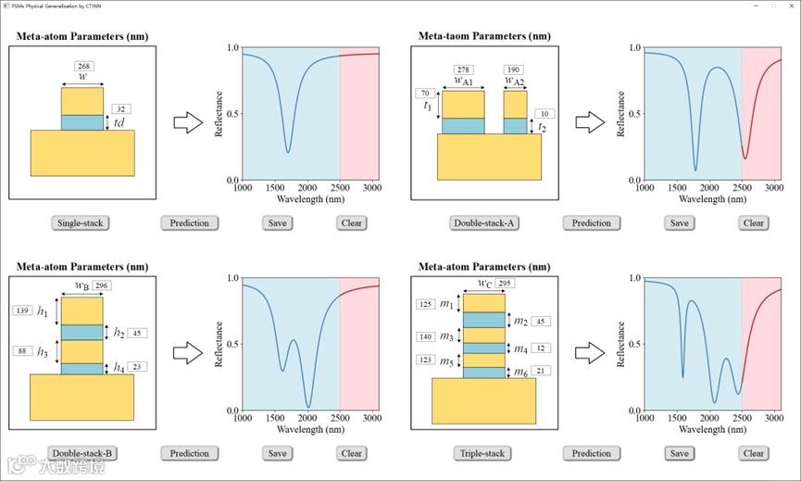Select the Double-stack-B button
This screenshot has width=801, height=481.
click(81, 453)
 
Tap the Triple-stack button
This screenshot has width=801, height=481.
click(482, 453)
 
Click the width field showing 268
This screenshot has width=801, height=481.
click(83, 67)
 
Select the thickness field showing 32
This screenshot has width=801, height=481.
click(121, 108)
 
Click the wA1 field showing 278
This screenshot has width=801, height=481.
click(464, 70)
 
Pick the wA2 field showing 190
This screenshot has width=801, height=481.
click(514, 70)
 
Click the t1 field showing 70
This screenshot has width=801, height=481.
click(426, 94)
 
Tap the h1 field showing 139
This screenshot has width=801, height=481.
click(24, 310)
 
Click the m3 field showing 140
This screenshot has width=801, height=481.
click(426, 336)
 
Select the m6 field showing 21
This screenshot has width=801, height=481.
click(541, 371)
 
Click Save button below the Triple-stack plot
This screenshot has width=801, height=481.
click(679, 453)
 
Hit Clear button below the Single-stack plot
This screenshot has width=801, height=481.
click(351, 222)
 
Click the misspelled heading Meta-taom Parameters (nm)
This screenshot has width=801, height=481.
click(484, 36)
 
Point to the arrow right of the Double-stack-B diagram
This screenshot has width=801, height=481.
click(188, 352)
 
